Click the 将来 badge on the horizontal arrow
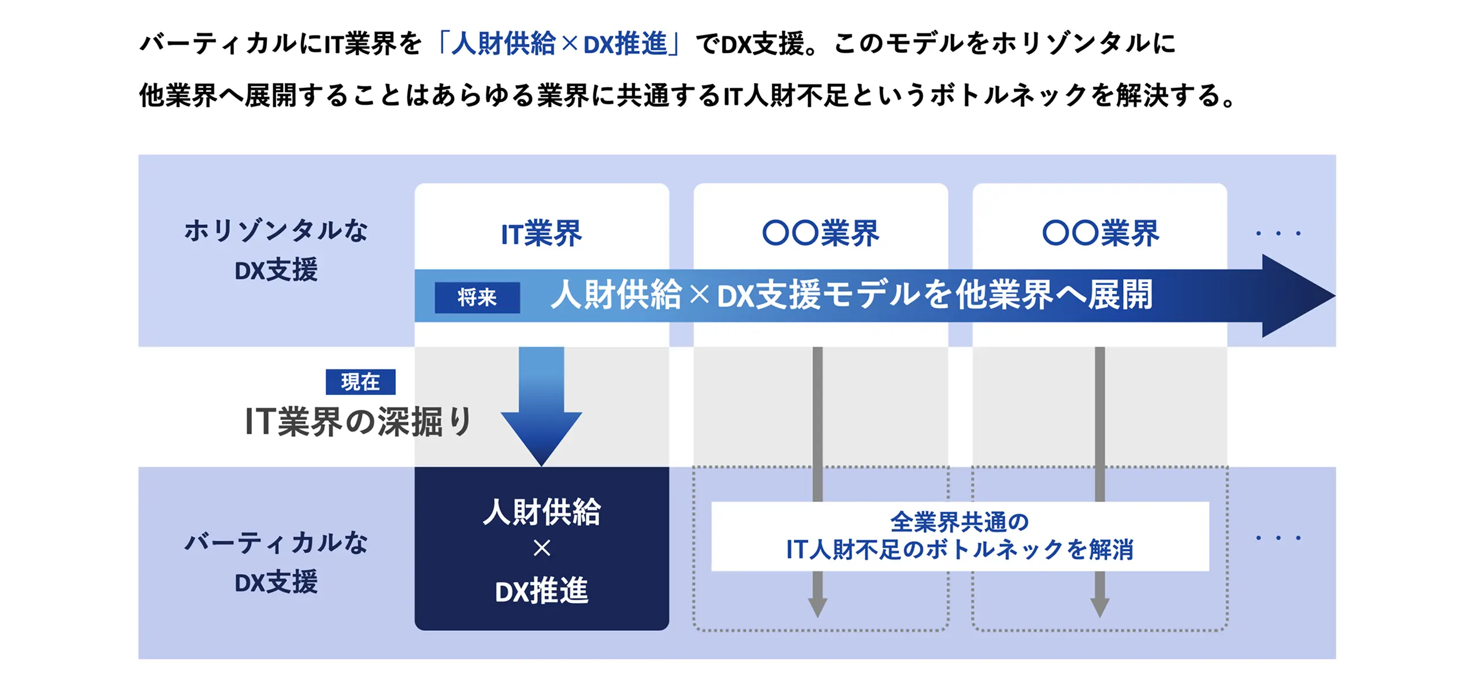(x=477, y=298)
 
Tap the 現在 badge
(x=360, y=382)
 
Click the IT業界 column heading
(x=541, y=234)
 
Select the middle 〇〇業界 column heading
(x=820, y=234)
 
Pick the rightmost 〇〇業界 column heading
(x=1100, y=234)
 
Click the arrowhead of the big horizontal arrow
(x=1297, y=296)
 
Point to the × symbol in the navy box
(x=541, y=548)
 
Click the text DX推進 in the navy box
(x=541, y=591)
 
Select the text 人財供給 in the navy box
(x=541, y=512)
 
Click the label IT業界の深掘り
(x=358, y=422)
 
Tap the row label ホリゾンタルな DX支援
(x=276, y=250)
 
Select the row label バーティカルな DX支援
(x=276, y=562)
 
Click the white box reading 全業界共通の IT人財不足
(x=959, y=536)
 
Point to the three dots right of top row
(x=1278, y=234)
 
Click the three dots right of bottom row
(x=1278, y=538)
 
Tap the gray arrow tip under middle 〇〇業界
(x=817, y=607)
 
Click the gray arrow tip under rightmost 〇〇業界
(x=1099, y=607)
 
